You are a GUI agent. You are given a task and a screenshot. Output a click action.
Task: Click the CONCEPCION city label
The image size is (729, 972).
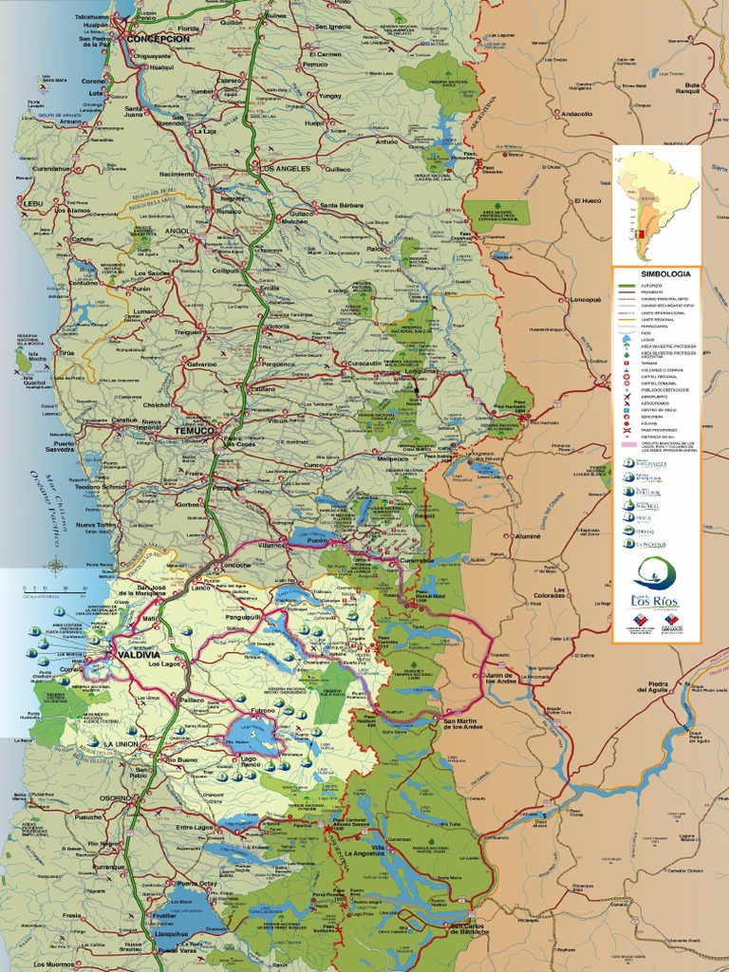tap(159, 39)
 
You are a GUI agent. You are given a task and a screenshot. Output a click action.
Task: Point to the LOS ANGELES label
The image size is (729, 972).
tap(285, 169)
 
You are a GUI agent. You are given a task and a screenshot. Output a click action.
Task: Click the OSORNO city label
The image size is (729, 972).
tap(117, 798)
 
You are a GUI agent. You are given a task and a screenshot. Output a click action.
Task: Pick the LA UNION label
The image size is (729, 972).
tap(121, 744)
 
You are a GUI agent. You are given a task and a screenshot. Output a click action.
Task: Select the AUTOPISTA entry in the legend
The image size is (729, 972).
tap(654, 285)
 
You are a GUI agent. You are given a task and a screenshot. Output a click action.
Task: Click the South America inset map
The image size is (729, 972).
tap(656, 204)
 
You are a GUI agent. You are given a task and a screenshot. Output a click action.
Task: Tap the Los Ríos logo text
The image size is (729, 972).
tap(654, 600)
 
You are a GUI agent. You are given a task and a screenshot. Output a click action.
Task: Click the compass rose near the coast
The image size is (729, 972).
tap(56, 568)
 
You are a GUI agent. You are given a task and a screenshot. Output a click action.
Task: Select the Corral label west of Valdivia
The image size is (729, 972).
tap(68, 668)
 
